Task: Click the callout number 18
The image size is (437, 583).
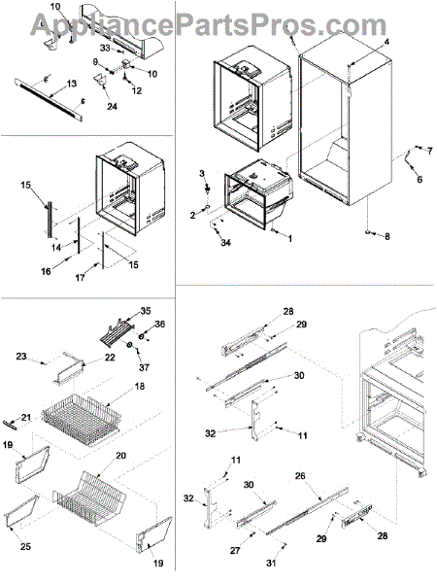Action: (x=140, y=387)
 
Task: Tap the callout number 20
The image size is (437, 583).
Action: (x=121, y=456)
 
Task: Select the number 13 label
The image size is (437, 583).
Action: (x=71, y=84)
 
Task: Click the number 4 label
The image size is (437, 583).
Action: (x=387, y=42)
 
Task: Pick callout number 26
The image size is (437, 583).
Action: (x=300, y=476)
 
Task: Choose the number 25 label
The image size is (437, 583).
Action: (x=25, y=546)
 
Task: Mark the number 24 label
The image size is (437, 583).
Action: (x=112, y=107)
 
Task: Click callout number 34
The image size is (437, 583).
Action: (x=226, y=243)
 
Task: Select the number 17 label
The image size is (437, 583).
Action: (x=81, y=277)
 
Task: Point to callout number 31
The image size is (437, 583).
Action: (x=271, y=564)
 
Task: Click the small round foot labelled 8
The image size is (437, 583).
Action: (x=368, y=232)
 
